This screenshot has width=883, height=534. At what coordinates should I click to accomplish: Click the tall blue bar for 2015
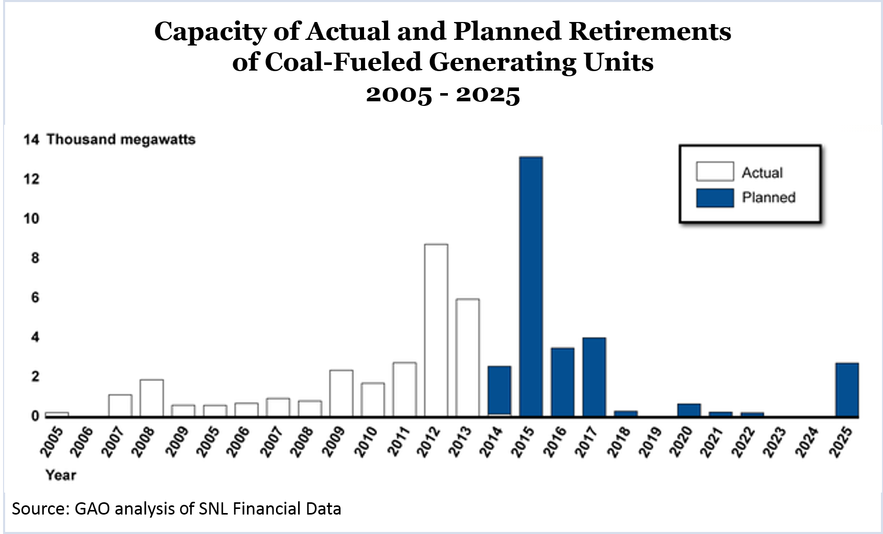click(531, 286)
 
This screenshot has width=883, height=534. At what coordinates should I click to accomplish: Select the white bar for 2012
click(436, 330)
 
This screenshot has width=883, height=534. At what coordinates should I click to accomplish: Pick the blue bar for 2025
click(847, 390)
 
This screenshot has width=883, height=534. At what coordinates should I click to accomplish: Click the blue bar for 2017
click(594, 377)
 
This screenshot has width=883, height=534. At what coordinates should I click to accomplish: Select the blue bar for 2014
click(499, 391)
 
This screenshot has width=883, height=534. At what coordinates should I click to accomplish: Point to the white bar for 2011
click(404, 389)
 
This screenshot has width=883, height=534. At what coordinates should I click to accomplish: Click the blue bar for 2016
click(562, 382)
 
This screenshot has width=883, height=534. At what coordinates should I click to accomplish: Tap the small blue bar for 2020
click(689, 410)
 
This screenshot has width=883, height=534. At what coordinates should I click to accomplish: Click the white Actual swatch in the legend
click(714, 172)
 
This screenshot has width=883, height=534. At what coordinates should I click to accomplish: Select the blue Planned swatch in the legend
click(714, 198)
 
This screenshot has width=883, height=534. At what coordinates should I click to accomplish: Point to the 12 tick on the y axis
click(31, 179)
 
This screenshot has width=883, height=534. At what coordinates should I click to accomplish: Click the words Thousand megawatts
click(121, 140)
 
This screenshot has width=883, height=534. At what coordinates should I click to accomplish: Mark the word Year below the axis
click(60, 475)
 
